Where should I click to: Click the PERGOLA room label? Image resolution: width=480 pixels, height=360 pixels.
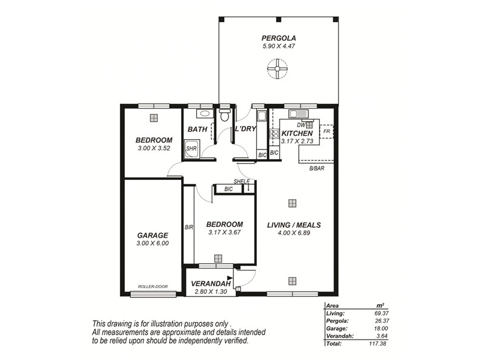(x=278, y=38)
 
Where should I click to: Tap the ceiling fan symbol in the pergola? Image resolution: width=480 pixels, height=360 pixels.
(x=277, y=68)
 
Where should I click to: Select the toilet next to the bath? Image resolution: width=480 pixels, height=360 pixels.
(x=225, y=115)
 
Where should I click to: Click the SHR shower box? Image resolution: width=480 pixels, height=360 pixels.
(x=192, y=149)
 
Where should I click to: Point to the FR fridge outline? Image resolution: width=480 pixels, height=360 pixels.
(x=326, y=131)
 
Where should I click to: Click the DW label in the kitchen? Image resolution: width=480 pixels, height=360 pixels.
(x=301, y=125)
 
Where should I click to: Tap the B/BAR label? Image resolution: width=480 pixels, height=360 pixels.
(x=317, y=169)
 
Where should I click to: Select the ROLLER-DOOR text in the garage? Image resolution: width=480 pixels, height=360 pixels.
(x=153, y=287)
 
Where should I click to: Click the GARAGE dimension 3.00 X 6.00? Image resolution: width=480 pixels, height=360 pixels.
(x=152, y=244)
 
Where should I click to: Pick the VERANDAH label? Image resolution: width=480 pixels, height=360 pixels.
(x=211, y=284)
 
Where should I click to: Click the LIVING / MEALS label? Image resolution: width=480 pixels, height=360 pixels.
(x=294, y=225)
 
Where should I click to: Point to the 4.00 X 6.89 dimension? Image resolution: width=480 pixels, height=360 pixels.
(x=294, y=233)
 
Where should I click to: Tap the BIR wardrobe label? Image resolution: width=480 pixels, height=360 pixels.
(x=189, y=227)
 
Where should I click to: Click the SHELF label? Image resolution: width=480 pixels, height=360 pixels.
(x=242, y=182)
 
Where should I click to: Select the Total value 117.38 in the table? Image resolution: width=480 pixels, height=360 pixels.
(x=377, y=343)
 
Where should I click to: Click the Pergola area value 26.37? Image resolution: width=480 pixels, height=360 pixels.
(x=382, y=321)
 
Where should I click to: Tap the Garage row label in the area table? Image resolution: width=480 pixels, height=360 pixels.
(x=337, y=328)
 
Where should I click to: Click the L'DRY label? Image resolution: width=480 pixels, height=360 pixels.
(x=245, y=129)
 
